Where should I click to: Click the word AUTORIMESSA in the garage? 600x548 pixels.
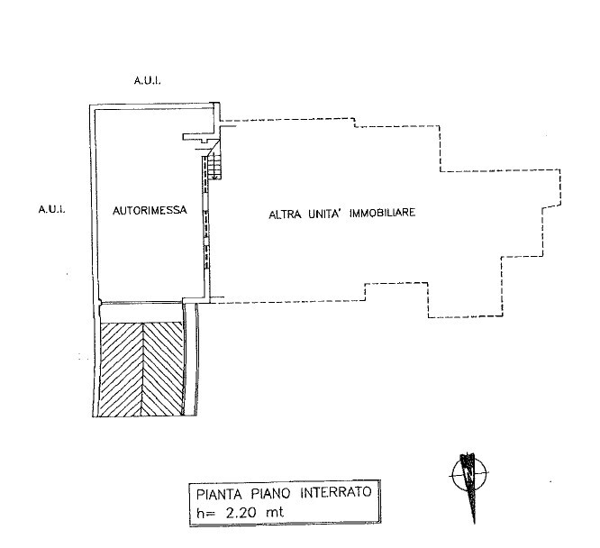click(150, 211)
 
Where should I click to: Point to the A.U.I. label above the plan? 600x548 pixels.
click(147, 81)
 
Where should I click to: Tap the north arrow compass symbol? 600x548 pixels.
click(469, 475)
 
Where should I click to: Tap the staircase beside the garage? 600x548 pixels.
click(214, 165)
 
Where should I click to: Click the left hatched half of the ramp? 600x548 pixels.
click(120, 369)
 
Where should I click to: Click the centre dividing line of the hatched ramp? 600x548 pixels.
click(141, 369)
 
